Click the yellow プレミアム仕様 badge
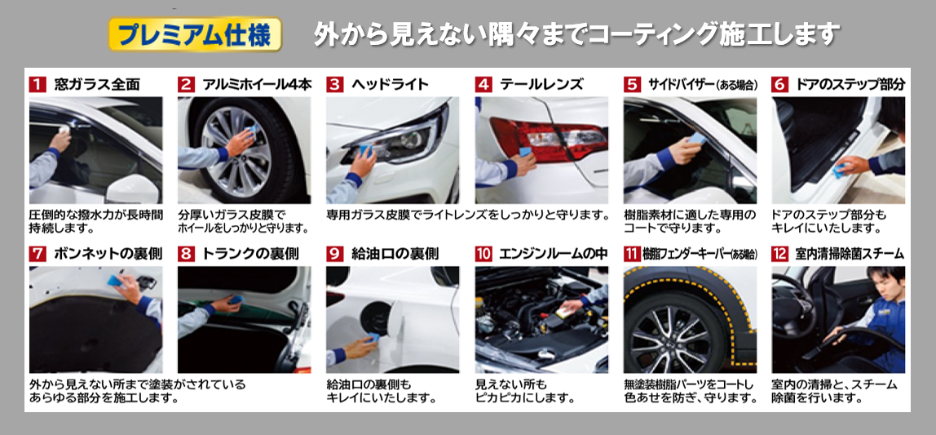(x=195, y=35)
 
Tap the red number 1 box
(x=37, y=84)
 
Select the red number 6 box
(x=779, y=84)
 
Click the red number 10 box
(x=483, y=253)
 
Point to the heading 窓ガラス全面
(x=97, y=84)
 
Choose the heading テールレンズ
(x=541, y=84)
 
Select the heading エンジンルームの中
(x=554, y=253)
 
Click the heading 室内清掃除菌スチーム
(x=850, y=253)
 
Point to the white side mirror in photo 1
(x=133, y=189)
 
